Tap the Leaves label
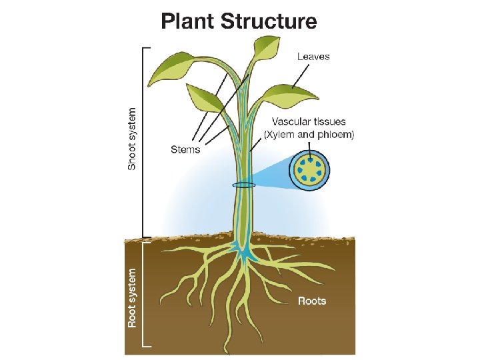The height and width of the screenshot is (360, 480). coord(313,57)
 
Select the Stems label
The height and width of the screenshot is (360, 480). coord(185,149)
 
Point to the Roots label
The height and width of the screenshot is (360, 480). coord(312,301)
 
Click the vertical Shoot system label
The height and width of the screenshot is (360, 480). coord(133,138)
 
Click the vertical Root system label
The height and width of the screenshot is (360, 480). coord(133,297)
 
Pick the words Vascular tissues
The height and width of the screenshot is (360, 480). coord(309,122)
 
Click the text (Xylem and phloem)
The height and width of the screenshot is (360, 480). coord(309,135)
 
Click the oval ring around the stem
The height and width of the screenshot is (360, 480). coord(243,185)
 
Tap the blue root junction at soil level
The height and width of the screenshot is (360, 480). coord(245,251)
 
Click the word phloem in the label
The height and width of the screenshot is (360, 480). coord(336,135)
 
